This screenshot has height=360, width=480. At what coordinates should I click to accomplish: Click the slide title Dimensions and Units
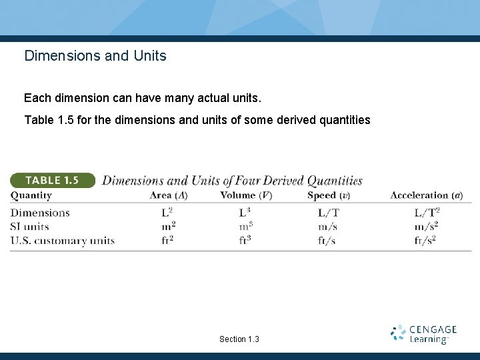point(95,56)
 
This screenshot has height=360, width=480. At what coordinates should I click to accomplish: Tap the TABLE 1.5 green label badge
point(53,180)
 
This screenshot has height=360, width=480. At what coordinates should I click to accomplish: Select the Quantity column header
point(31,195)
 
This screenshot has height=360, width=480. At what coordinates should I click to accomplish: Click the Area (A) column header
point(169,195)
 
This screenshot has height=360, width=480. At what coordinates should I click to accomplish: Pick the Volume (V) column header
point(246,195)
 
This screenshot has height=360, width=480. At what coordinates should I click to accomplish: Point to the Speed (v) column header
point(329,195)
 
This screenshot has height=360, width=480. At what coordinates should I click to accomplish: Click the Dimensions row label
point(40,213)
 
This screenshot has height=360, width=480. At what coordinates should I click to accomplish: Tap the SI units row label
point(30,227)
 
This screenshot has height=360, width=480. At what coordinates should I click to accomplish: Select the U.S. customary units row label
point(63,241)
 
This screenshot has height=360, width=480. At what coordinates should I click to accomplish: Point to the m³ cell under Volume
point(245,227)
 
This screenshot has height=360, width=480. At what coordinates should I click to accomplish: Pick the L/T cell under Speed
point(328,213)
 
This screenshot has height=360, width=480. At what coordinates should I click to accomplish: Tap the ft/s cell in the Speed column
point(327,241)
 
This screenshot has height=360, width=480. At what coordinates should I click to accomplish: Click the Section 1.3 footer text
point(239,339)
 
